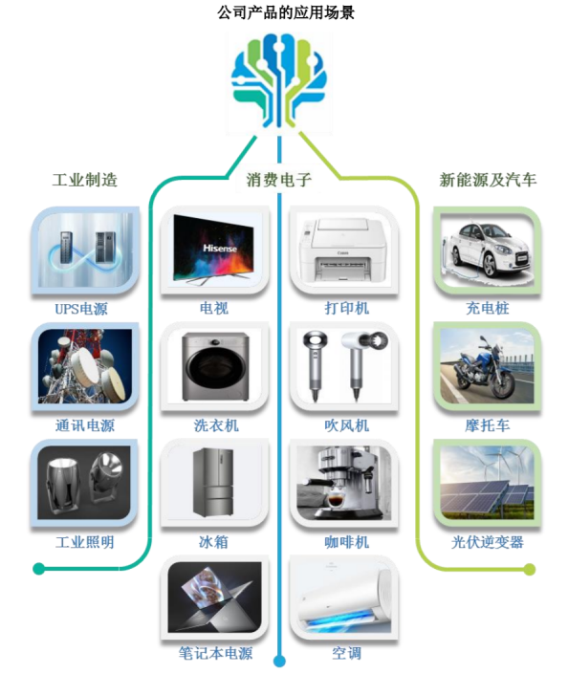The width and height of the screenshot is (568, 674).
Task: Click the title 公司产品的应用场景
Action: pyautogui.click(x=286, y=12)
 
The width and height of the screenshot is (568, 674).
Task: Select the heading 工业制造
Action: pyautogui.click(x=85, y=180)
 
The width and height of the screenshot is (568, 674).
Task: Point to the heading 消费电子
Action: pyautogui.click(x=278, y=180)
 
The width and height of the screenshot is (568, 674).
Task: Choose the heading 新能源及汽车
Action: pyautogui.click(x=488, y=180)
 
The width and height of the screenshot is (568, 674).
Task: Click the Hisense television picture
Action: pyautogui.click(x=214, y=250)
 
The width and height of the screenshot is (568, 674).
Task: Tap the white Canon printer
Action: pyautogui.click(x=343, y=250)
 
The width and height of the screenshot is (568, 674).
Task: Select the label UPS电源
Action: pyautogui.click(x=81, y=309)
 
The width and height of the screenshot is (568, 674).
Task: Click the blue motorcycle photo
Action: pyautogui.click(x=487, y=366)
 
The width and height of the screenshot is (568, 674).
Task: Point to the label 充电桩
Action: pyautogui.click(x=487, y=308)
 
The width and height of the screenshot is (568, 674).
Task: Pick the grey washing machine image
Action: pyautogui.click(x=214, y=366)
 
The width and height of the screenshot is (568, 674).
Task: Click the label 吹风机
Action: pyautogui.click(x=346, y=425)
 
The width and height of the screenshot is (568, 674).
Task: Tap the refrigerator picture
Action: pyautogui.click(x=214, y=482)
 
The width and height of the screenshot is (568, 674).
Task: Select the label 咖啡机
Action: pyautogui.click(x=346, y=542)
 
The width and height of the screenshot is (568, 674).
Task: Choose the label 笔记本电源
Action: pyautogui.click(x=215, y=653)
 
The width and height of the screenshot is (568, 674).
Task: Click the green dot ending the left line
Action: pyautogui.click(x=38, y=569)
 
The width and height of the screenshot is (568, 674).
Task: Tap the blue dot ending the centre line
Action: pyautogui.click(x=279, y=661)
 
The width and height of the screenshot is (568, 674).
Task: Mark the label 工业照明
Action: pyautogui.click(x=85, y=542)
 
